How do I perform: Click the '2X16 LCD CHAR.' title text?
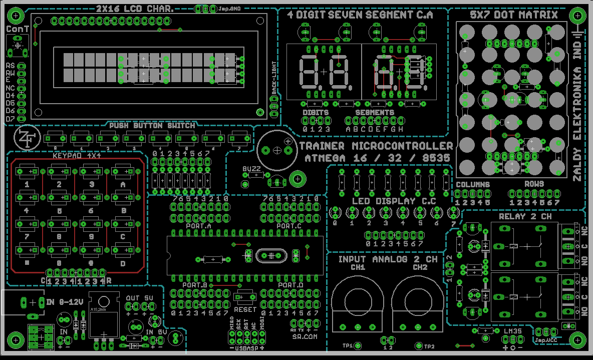pos(135,9)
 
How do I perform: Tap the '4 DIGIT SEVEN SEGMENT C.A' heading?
pos(360,15)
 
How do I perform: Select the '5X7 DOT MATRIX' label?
pos(513,15)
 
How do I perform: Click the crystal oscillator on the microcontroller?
pos(271,255)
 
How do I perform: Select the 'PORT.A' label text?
pos(198,226)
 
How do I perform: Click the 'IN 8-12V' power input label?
pos(64,302)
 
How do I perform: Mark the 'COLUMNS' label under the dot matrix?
pos(472,184)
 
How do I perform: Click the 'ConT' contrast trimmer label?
pos(18,30)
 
